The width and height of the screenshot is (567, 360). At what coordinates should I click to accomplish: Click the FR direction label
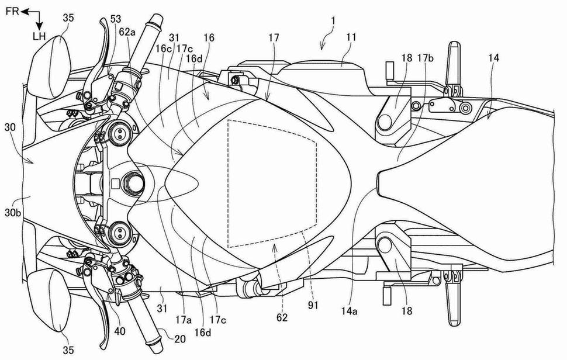pyautogui.click(x=12, y=11)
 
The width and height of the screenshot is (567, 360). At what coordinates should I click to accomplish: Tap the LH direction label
pyautogui.click(x=39, y=37)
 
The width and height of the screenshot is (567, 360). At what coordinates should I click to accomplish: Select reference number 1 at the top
pyautogui.click(x=333, y=21)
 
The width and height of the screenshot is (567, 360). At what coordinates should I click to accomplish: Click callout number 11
pyautogui.click(x=350, y=37)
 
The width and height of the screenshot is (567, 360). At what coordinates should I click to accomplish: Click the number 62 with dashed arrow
pyautogui.click(x=282, y=317)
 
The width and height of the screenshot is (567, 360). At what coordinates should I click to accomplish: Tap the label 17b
pyautogui.click(x=426, y=58)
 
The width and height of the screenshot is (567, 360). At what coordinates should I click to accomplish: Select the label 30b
pyautogui.click(x=13, y=213)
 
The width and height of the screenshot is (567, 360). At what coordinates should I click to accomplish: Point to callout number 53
pyautogui.click(x=116, y=19)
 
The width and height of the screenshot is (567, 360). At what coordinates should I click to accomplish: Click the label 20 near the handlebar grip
pyautogui.click(x=179, y=339)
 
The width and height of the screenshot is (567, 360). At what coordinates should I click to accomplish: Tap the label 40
pyautogui.click(x=120, y=331)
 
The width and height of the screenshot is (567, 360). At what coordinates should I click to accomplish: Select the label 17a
pyautogui.click(x=184, y=320)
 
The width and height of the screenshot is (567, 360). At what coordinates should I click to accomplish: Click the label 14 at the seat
pyautogui.click(x=493, y=58)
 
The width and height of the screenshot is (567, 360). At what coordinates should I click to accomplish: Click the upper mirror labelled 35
pyautogui.click(x=49, y=67)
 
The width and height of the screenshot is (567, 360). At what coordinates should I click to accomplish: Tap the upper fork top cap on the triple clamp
pyautogui.click(x=119, y=134)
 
